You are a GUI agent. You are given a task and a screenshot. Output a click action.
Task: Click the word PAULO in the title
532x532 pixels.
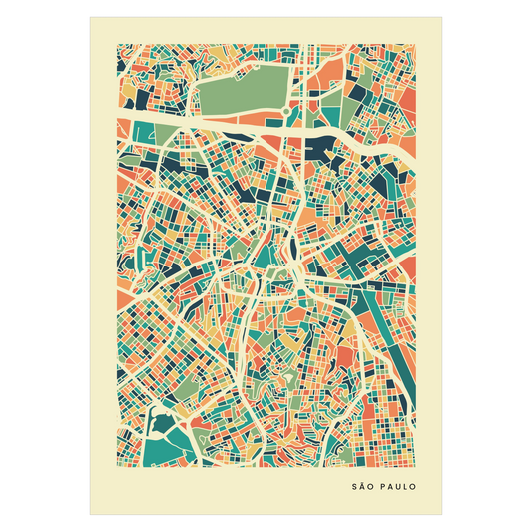click(x=396, y=488)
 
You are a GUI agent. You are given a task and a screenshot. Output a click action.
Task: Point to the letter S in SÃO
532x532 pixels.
click(x=354, y=488)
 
